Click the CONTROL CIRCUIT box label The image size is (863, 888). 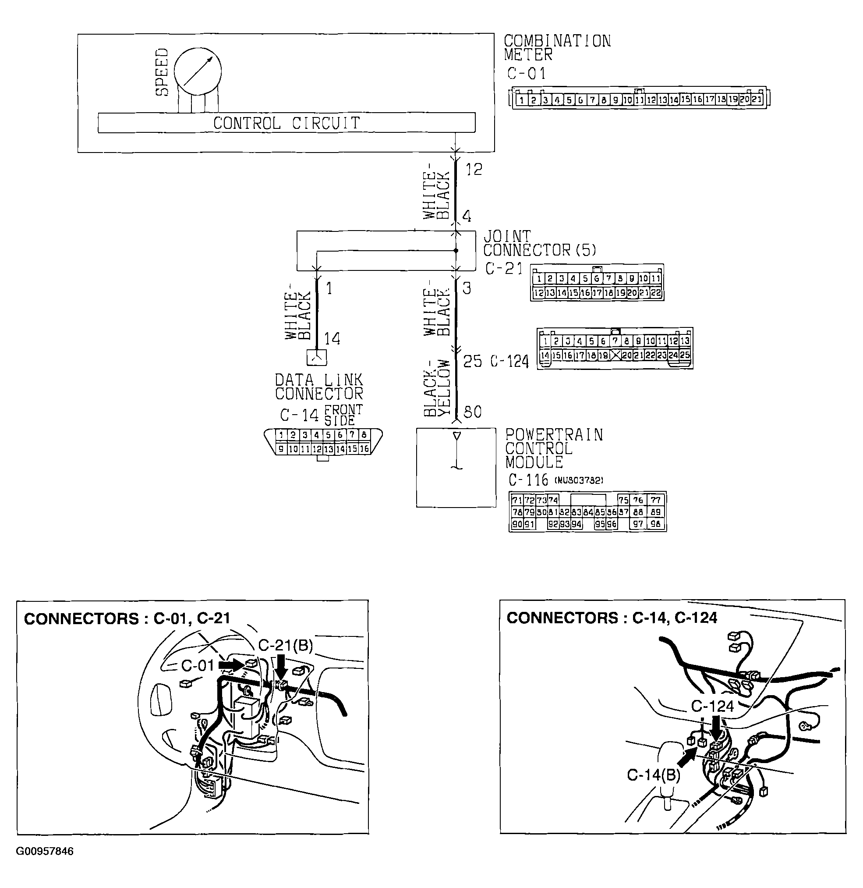[x=286, y=123]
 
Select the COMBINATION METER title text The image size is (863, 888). [x=557, y=48]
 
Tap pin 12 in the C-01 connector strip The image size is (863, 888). [x=651, y=100]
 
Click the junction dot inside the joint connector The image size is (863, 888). [x=456, y=251]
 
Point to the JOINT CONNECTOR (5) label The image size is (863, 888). [x=539, y=243]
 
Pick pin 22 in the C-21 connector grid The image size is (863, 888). [x=655, y=293]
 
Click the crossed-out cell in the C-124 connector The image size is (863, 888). [x=615, y=355]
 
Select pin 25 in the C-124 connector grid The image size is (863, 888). [x=684, y=355]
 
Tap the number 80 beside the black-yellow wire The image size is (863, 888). [x=473, y=412]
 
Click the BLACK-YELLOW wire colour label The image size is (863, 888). [x=437, y=388]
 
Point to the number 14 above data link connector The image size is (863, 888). [x=332, y=338]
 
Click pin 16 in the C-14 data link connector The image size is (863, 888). [x=364, y=449]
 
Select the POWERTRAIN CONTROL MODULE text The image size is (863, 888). [x=553, y=448]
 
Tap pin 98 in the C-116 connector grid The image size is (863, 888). [x=655, y=524]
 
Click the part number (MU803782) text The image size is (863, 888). [x=579, y=480]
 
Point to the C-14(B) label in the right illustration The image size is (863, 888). [x=653, y=775]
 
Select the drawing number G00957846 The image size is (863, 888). [x=44, y=851]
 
